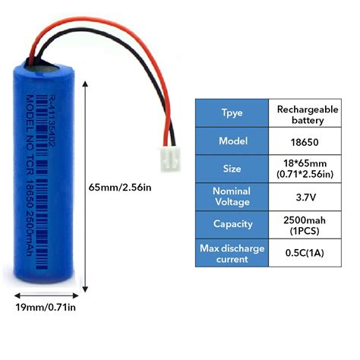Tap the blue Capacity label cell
233,223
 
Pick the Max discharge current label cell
233,253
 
